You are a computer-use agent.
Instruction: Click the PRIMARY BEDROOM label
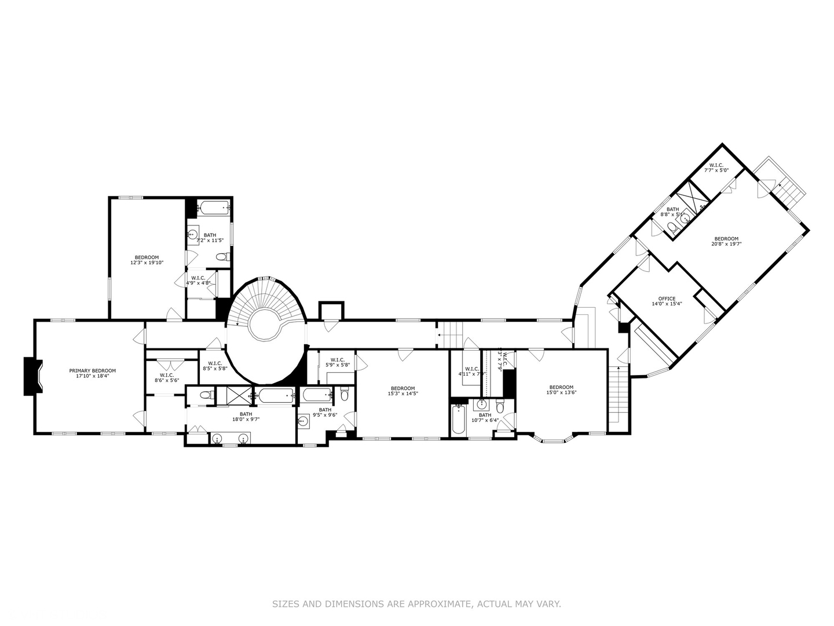92,371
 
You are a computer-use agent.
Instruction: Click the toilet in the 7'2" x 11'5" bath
222,257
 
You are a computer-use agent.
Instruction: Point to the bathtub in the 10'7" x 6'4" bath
458,420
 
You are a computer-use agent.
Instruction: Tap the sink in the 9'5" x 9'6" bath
303,421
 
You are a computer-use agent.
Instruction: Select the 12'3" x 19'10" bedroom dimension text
147,263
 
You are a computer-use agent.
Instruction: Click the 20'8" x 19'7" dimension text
726,244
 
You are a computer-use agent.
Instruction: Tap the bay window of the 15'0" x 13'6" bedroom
553,440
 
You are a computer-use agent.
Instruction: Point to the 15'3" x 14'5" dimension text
403,394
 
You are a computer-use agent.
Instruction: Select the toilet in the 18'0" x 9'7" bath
205,395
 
